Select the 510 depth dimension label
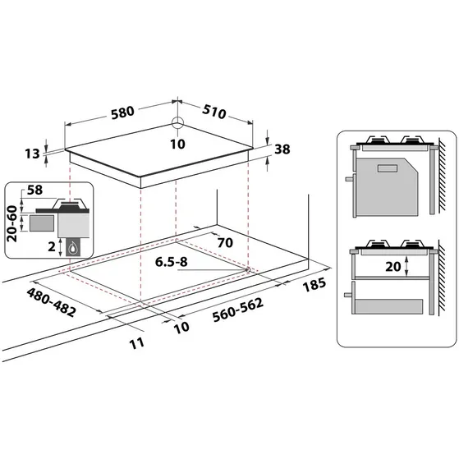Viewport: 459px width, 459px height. (x=215, y=111)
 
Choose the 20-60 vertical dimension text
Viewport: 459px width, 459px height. (x=11, y=221)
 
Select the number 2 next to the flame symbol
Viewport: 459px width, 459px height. (x=53, y=246)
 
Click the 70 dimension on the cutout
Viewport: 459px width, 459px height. (x=225, y=243)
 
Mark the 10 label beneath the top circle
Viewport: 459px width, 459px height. (x=178, y=145)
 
